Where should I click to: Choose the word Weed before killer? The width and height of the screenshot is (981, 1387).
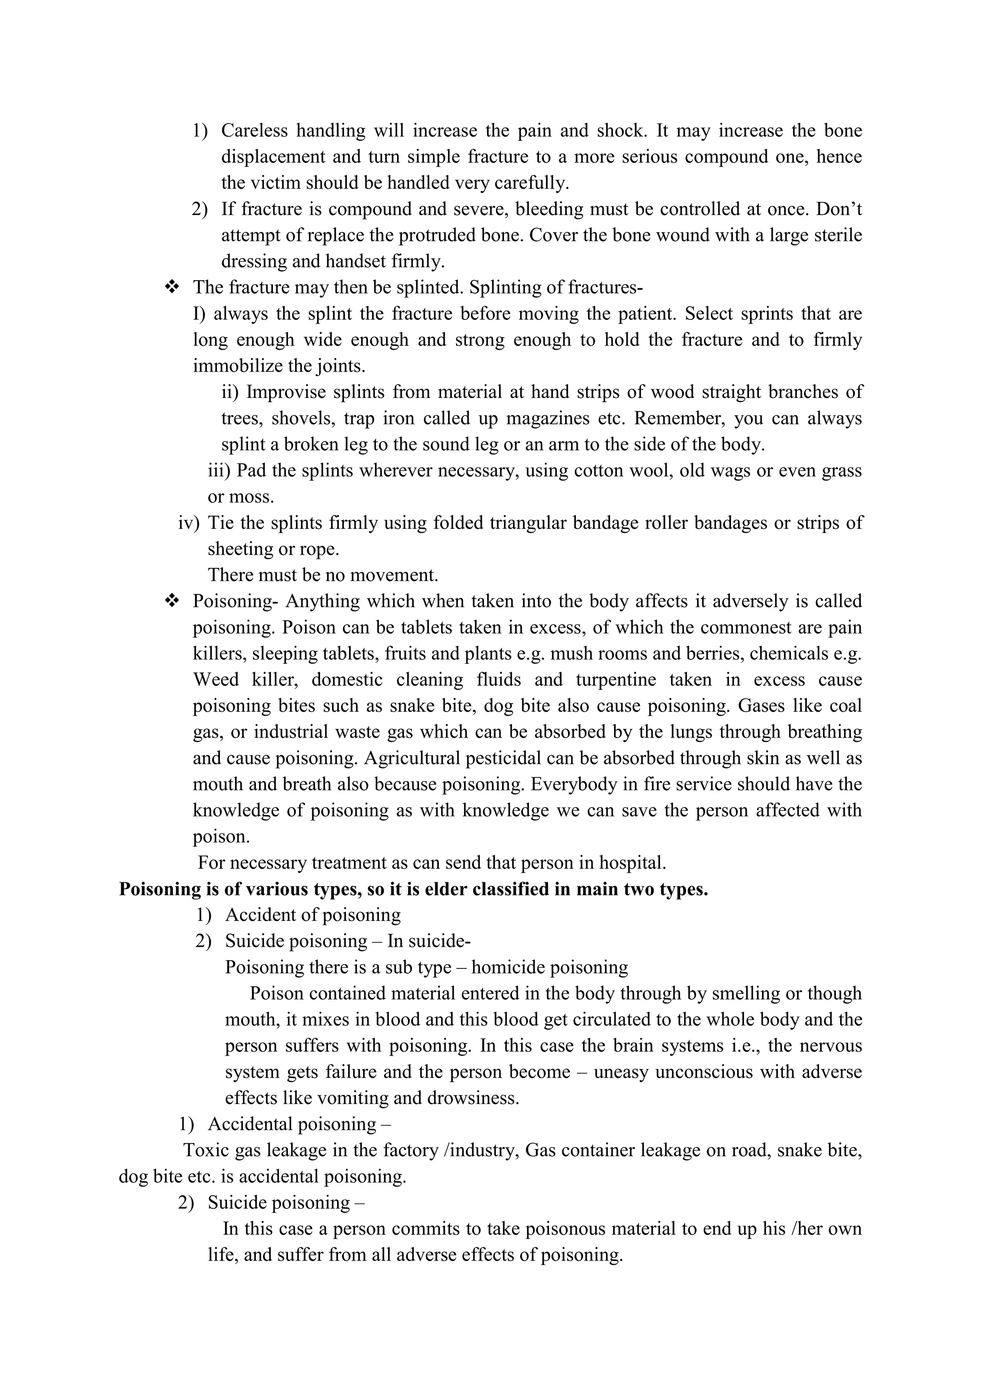216,680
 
